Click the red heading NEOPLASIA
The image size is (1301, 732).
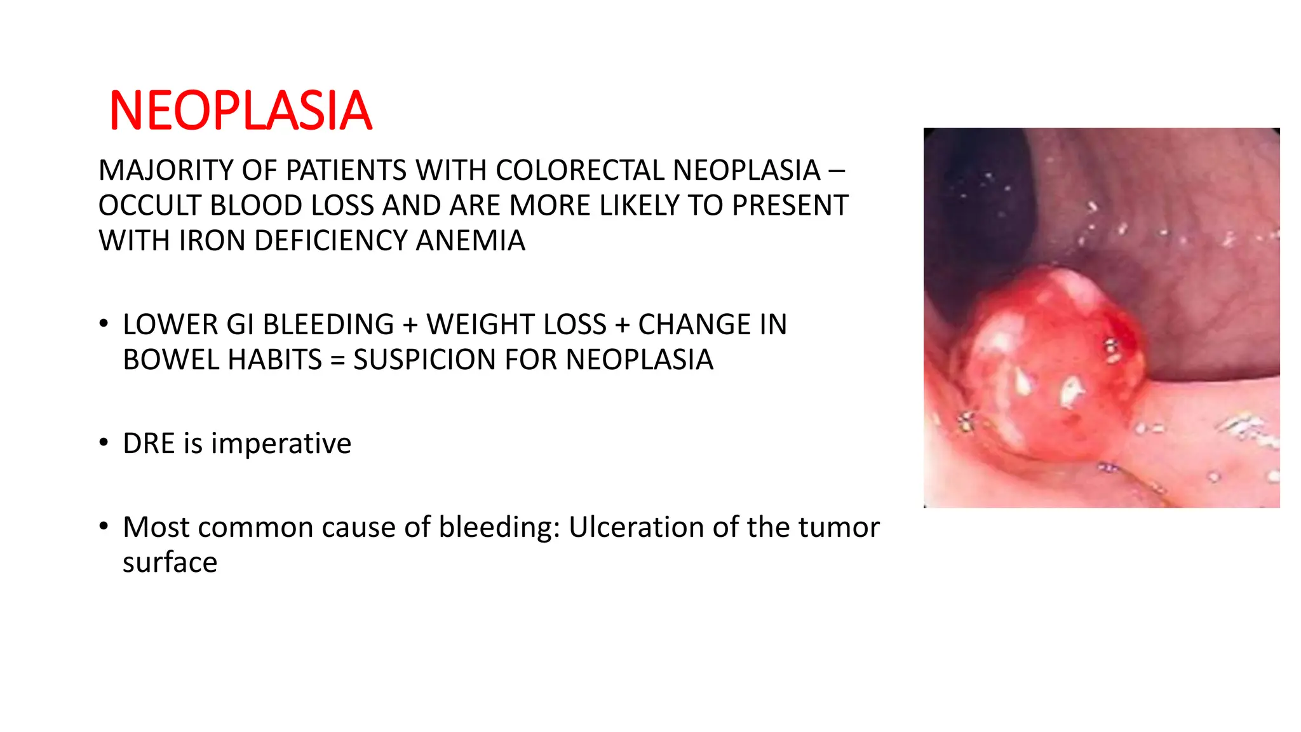pyautogui.click(x=240, y=111)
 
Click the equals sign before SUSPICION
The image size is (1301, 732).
pyautogui.click(x=338, y=360)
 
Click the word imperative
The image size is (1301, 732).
pyautogui.click(x=281, y=444)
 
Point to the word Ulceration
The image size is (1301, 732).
pyautogui.click(x=630, y=527)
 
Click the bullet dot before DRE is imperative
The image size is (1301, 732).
pyautogui.click(x=104, y=442)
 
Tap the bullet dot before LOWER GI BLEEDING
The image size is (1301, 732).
pyautogui.click(x=104, y=323)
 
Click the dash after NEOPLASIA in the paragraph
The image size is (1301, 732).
pyautogui.click(x=837, y=170)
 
